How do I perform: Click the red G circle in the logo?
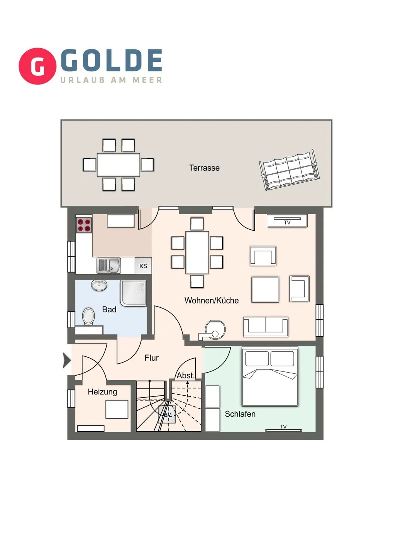point(37,66)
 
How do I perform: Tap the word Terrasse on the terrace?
point(204,168)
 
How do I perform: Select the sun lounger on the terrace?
point(290,170)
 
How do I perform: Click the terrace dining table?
point(118,165)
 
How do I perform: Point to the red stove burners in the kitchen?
point(84,225)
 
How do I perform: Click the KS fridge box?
point(143,266)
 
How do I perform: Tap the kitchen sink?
point(108,266)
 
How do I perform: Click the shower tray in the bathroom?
point(133,293)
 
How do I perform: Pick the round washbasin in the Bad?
point(99,285)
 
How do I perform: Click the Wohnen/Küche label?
point(212,300)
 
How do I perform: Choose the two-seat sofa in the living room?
point(266,327)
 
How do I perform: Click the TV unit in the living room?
point(287,221)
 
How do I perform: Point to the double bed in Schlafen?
point(269,376)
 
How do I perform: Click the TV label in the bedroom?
point(283,427)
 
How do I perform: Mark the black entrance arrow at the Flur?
point(67,361)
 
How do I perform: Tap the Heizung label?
point(102,392)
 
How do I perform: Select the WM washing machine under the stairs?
point(167,414)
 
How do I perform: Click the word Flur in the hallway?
point(151,358)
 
